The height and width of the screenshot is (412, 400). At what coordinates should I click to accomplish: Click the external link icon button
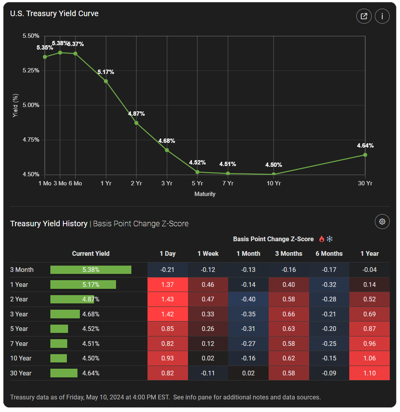[364, 16]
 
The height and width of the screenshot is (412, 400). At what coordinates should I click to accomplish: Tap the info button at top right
[382, 16]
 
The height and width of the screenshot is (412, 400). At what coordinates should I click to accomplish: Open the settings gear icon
[382, 222]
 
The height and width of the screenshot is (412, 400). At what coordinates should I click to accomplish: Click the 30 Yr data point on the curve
[365, 155]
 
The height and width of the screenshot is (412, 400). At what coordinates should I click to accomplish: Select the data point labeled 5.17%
[106, 81]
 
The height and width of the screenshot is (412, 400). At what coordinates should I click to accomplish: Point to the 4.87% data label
[136, 114]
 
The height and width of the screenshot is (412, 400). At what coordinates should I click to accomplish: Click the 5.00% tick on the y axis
[31, 105]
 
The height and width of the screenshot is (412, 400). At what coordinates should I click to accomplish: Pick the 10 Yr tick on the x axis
[274, 183]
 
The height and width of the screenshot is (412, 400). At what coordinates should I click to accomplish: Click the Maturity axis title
[205, 194]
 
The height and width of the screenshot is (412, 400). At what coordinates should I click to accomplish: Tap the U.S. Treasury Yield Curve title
[54, 13]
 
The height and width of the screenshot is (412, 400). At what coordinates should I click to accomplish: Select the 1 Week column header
[208, 253]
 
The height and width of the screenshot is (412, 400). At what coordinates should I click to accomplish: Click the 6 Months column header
[329, 253]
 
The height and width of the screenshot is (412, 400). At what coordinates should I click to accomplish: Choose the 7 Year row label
[19, 344]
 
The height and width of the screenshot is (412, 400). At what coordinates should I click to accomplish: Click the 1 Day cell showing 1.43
[168, 299]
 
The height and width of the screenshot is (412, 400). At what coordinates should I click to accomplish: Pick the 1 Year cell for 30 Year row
[370, 373]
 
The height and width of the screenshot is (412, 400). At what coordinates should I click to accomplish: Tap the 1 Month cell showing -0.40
[248, 299]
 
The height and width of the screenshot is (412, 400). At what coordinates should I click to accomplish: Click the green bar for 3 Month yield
[90, 270]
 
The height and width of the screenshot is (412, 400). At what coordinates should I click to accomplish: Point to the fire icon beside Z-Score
[322, 239]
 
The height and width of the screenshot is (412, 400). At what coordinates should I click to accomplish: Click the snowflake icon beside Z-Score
[330, 239]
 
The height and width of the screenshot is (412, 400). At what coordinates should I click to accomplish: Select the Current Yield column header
[90, 253]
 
